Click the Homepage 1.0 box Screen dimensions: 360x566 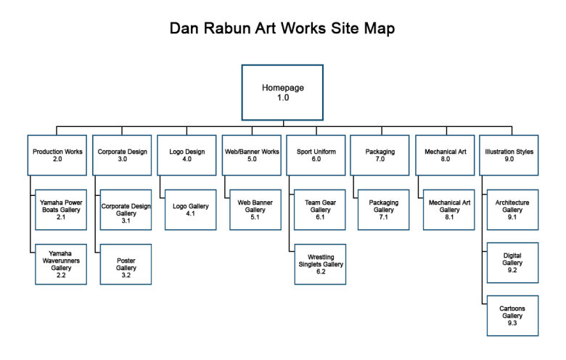(x=282, y=92)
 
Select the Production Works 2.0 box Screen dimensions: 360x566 (x=57, y=155)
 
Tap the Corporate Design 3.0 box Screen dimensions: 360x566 (x=123, y=155)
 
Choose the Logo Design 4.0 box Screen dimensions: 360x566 (x=186, y=155)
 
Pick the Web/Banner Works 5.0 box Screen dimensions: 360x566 (x=251, y=155)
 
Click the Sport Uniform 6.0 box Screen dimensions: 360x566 (x=316, y=155)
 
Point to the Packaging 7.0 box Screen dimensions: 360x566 (x=380, y=155)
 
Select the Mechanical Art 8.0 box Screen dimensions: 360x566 (x=445, y=155)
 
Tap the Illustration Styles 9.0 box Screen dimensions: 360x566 (x=509, y=155)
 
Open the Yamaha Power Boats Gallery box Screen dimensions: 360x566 (x=61, y=209)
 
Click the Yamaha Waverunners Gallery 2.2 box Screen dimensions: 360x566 (x=61, y=263)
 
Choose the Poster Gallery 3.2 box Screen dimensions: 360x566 (x=126, y=263)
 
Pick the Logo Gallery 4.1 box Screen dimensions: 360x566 (x=190, y=209)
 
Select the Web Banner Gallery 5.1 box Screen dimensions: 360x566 (x=255, y=209)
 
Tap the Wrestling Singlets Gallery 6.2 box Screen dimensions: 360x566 (x=320, y=263)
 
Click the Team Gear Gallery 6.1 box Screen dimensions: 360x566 (x=320, y=209)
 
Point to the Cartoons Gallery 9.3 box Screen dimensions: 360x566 (x=512, y=316)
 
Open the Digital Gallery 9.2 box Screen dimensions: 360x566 (x=512, y=263)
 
